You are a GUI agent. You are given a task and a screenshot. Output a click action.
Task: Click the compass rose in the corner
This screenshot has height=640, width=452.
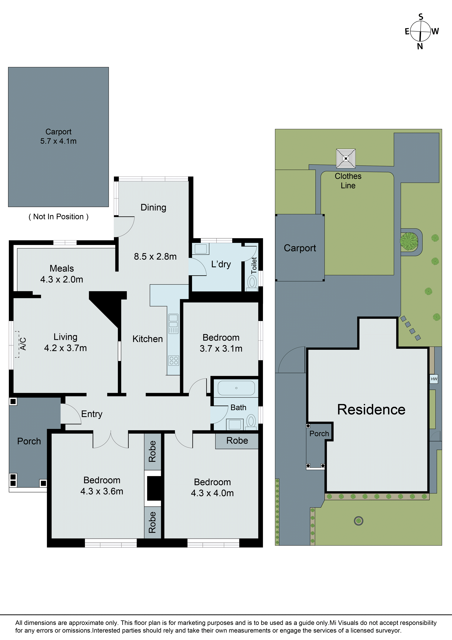[x=420, y=31]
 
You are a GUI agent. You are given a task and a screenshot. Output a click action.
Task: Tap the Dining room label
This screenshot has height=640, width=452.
[x=153, y=207]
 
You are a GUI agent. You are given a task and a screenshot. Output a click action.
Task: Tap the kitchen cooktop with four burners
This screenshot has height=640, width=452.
[x=174, y=360]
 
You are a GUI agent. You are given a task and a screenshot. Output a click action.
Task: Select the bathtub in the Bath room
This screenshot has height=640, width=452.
[x=236, y=388]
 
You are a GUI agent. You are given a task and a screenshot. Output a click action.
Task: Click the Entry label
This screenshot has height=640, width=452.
[x=92, y=414]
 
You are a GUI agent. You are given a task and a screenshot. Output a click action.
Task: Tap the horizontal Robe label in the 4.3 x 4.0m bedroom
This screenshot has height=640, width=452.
[x=237, y=440]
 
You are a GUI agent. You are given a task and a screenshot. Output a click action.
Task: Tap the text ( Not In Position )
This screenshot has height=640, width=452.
[x=58, y=217]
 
